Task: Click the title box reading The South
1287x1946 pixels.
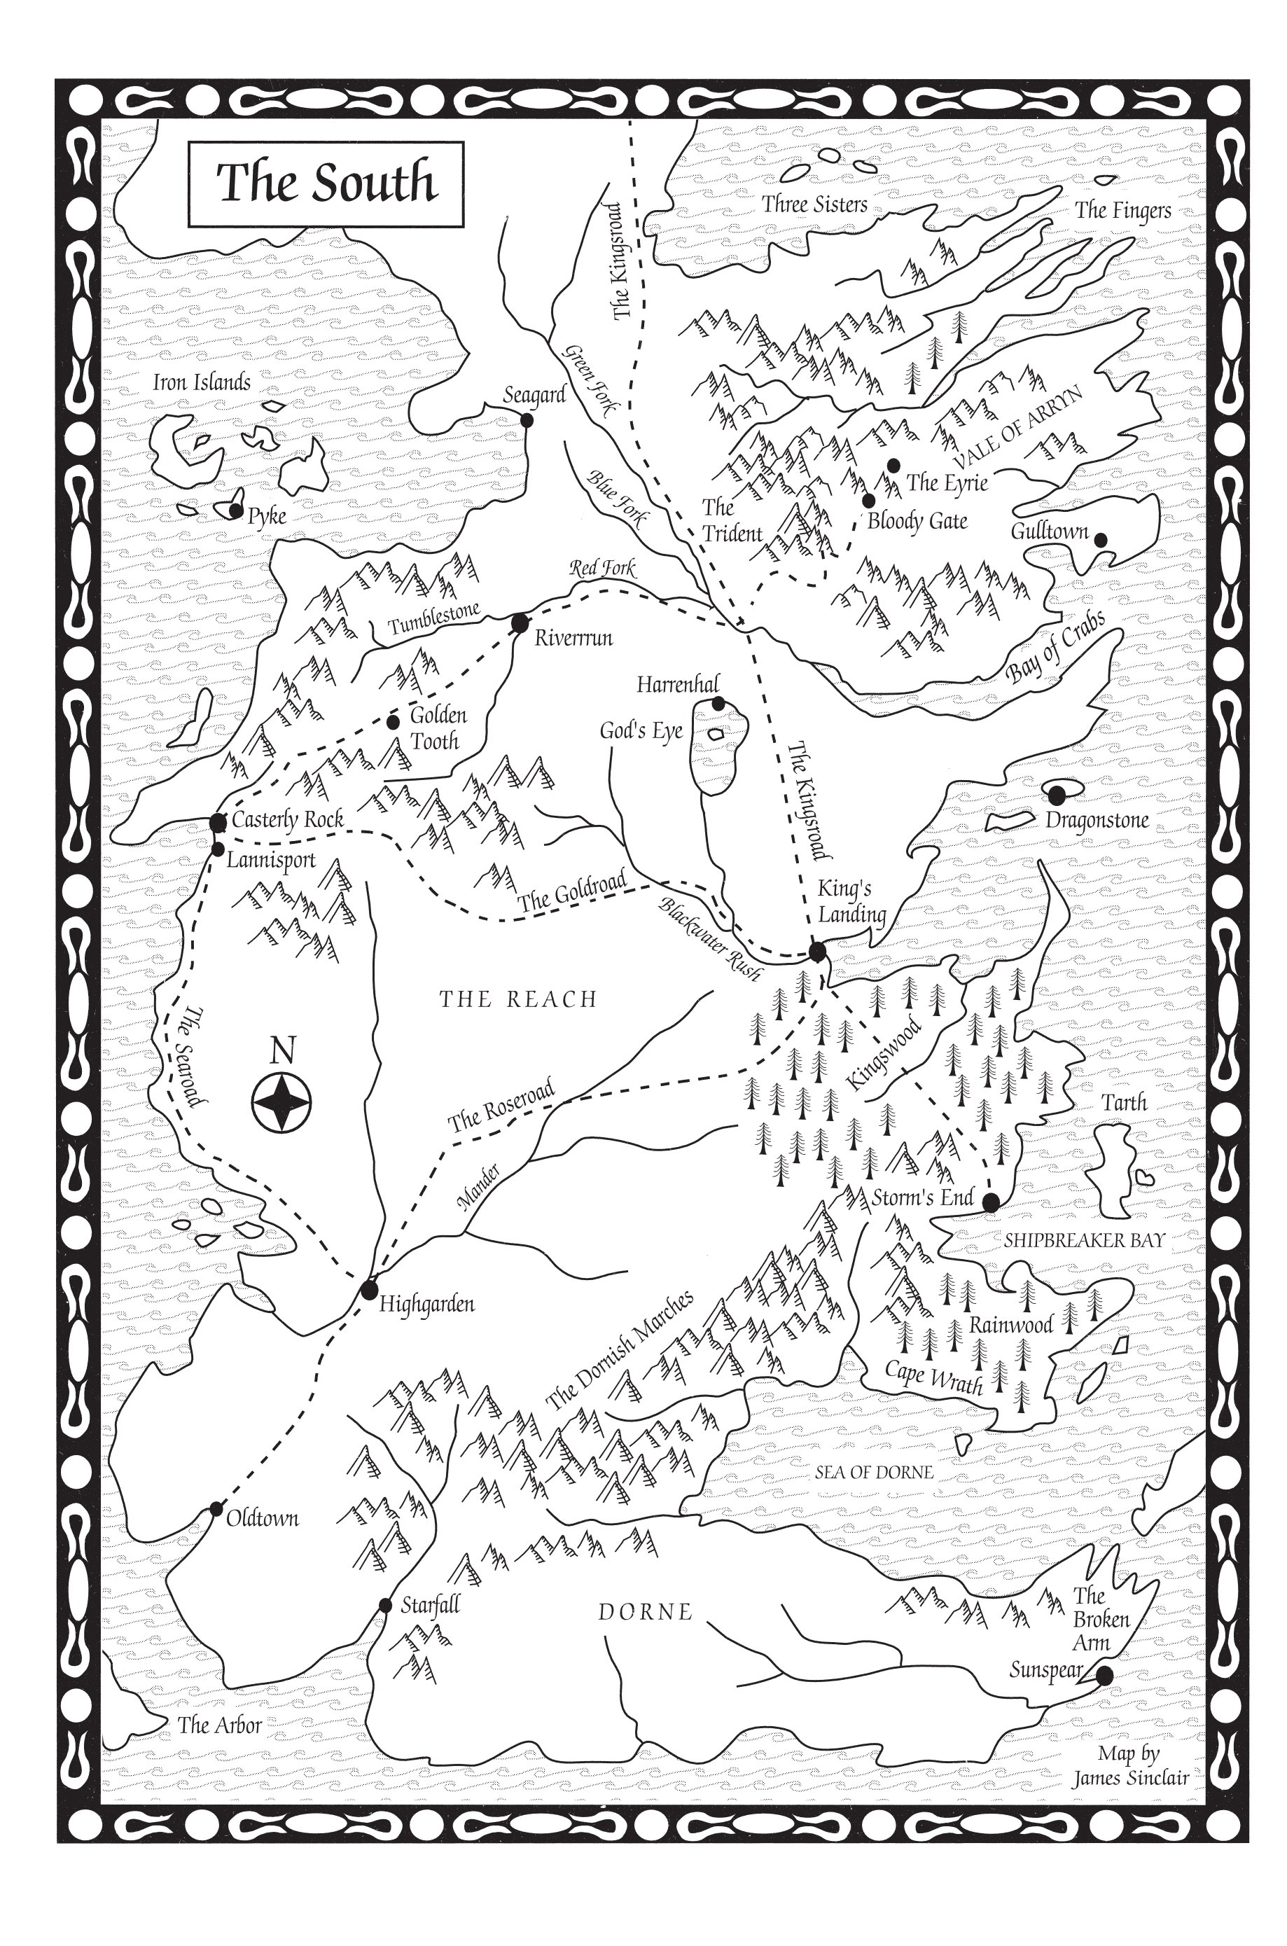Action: click(x=326, y=184)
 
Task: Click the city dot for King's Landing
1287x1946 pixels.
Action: click(x=816, y=952)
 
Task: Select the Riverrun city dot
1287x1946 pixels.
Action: click(x=520, y=624)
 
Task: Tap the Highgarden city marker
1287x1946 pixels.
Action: click(x=368, y=1291)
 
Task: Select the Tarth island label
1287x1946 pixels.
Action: click(x=1124, y=1103)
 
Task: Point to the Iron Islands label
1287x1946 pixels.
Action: click(x=202, y=382)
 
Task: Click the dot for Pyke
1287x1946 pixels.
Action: click(x=235, y=511)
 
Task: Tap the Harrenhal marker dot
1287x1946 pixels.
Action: click(x=718, y=703)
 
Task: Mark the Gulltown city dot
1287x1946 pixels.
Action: click(x=1101, y=540)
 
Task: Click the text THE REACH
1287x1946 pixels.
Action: click(x=518, y=999)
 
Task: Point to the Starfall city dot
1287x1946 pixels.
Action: click(x=385, y=1606)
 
